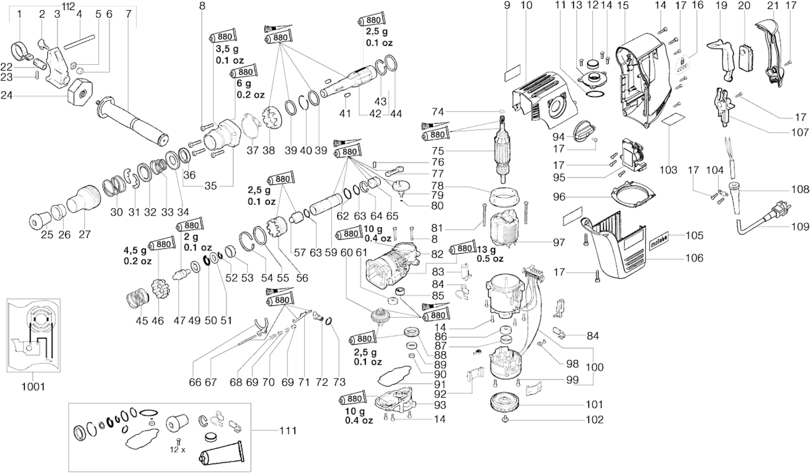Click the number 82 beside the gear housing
(x=437, y=254)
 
